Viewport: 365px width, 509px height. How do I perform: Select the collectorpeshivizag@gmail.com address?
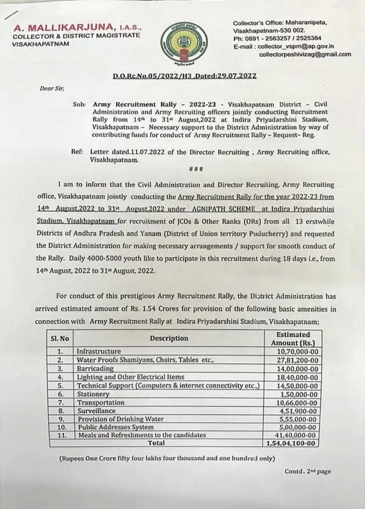click(x=305, y=54)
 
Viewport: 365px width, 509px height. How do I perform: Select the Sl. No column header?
click(x=60, y=338)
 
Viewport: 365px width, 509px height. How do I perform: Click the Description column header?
click(x=169, y=338)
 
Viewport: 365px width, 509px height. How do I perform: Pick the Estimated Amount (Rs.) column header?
click(x=293, y=338)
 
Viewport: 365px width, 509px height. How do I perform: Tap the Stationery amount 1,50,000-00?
click(x=298, y=394)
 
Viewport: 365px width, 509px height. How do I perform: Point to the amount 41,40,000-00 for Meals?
click(x=295, y=436)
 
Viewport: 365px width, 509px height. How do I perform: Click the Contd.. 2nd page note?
click(x=307, y=471)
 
